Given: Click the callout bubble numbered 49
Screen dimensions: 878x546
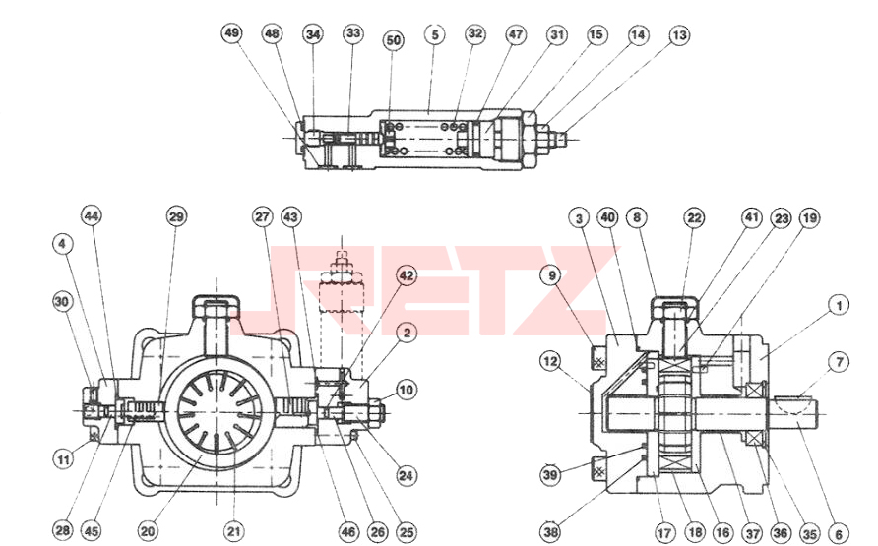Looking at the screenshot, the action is [232, 32].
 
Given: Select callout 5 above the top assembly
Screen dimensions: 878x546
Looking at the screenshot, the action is [434, 34].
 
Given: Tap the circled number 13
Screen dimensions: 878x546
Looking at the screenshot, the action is [679, 35].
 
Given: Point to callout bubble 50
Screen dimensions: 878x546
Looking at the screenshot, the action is [394, 40].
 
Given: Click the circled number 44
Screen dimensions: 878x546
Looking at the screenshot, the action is [92, 215].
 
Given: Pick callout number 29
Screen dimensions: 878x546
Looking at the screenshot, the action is [176, 215].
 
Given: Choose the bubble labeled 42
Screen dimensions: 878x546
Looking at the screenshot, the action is [407, 275].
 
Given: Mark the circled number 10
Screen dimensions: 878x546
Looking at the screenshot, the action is [407, 390].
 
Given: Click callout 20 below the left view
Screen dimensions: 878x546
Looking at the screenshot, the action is [148, 530].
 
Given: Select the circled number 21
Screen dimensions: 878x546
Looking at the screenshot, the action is [234, 531].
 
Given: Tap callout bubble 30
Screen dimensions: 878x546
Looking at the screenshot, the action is [62, 302].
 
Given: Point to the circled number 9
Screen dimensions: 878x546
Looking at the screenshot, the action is [552, 275].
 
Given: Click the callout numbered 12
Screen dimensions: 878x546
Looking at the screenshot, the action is [551, 361].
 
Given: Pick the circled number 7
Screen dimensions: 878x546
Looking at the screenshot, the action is [839, 362].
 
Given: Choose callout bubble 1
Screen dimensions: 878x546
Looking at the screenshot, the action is [839, 305].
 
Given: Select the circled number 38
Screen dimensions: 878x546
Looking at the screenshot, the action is [551, 531].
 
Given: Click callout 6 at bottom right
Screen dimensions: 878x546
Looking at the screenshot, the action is [839, 534].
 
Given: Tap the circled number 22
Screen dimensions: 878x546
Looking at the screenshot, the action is [694, 217].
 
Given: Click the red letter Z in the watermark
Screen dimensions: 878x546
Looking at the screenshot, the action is [553, 291].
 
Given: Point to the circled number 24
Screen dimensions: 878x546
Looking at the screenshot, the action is [406, 475].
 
